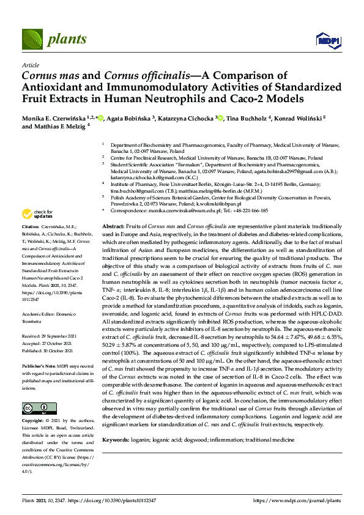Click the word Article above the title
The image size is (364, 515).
coord(29,64)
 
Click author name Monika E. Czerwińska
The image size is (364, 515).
coord(51,119)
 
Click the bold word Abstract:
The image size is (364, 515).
coord(114,226)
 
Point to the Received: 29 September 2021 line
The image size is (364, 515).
coord(53,336)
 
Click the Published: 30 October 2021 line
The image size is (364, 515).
coord(53,350)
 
